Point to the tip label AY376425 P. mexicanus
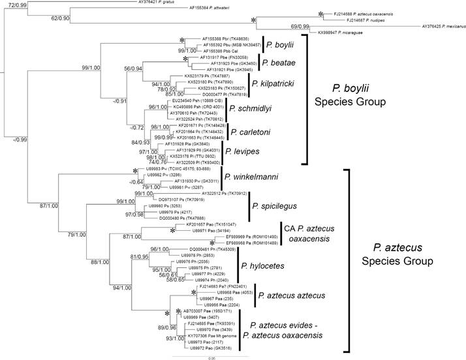443,27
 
